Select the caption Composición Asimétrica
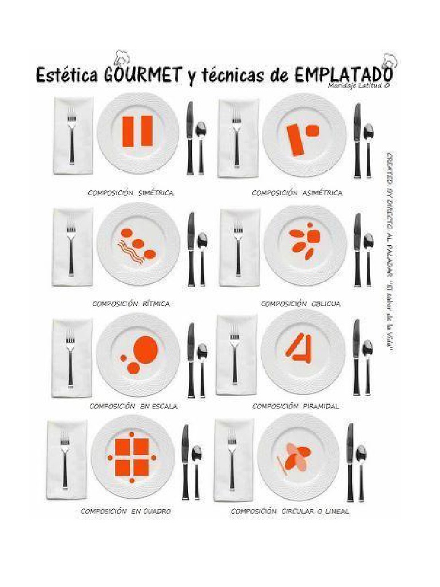pyautogui.click(x=297, y=193)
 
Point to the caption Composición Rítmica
pyautogui.click(x=131, y=303)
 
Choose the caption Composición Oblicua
pyautogui.click(x=301, y=303)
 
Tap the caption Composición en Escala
pyautogui.click(x=133, y=405)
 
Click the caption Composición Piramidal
pyautogui.click(x=296, y=405)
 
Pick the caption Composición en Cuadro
pyautogui.click(x=125, y=510)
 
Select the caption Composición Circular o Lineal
pyautogui.click(x=290, y=510)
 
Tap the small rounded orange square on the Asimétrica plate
pyautogui.click(x=312, y=131)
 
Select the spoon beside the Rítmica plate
pyautogui.click(x=202, y=258)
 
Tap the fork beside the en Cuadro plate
pyautogui.click(x=65, y=459)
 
